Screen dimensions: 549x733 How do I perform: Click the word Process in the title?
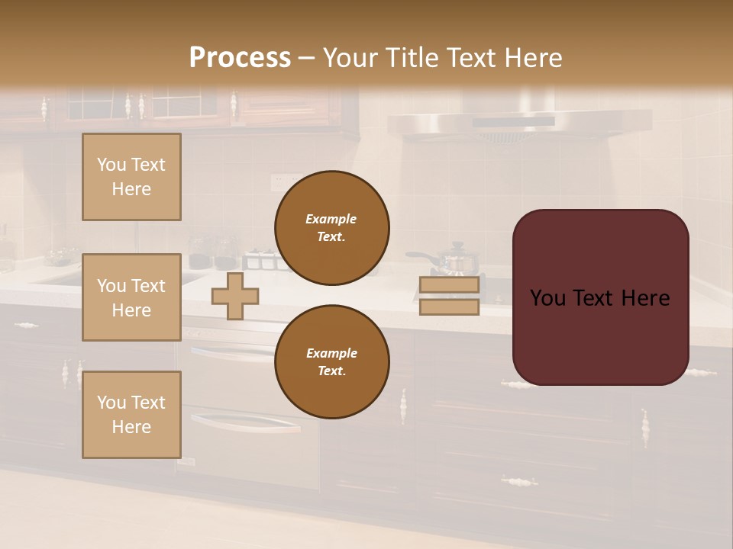coord(240,57)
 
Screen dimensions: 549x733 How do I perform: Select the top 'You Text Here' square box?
coord(131,177)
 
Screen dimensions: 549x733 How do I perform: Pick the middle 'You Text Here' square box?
coord(131,297)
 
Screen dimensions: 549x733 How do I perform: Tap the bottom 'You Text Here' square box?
coord(131,415)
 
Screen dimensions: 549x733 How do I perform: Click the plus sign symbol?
coord(234,297)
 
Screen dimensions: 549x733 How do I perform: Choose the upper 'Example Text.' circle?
coord(331,228)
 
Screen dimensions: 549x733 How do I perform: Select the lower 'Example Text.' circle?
coord(331,362)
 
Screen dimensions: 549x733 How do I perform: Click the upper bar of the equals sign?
coord(449,285)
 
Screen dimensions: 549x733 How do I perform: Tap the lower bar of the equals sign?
coord(449,307)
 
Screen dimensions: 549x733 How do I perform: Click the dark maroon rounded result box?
coord(600,297)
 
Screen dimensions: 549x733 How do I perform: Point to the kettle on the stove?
coord(457,259)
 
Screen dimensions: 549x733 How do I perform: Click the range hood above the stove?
coord(519,122)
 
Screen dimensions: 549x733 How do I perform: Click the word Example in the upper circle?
coord(331,219)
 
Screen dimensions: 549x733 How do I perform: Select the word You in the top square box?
coord(111,165)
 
